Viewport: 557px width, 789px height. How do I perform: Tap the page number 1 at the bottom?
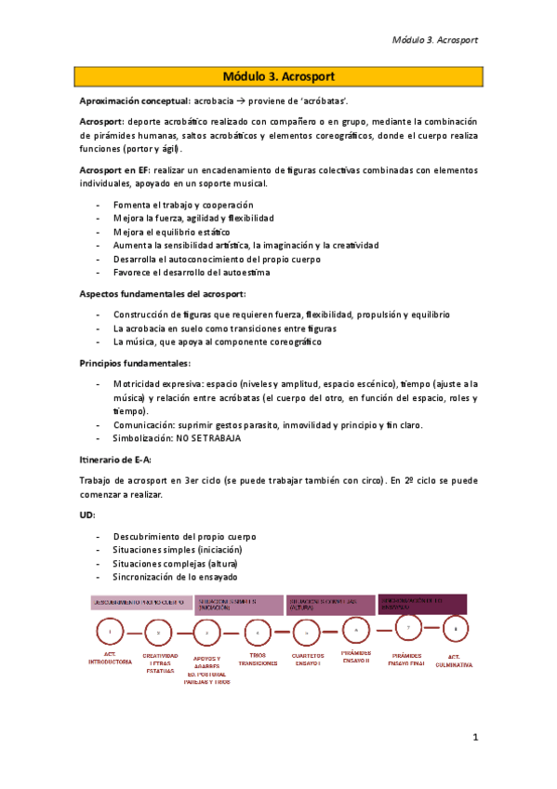point(474,738)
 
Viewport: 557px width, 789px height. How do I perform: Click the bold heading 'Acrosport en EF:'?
point(120,170)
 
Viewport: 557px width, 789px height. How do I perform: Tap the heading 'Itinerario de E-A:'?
point(115,460)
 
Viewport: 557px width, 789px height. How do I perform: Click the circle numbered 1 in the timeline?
point(110,633)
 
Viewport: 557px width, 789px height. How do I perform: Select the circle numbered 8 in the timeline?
point(455,629)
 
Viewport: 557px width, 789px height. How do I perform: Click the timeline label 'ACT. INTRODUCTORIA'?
point(111,659)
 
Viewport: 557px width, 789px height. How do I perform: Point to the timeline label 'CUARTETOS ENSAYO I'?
point(306,660)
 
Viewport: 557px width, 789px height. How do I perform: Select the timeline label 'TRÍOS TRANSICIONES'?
point(258,660)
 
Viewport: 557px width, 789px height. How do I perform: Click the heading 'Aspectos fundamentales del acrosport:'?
point(161,294)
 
